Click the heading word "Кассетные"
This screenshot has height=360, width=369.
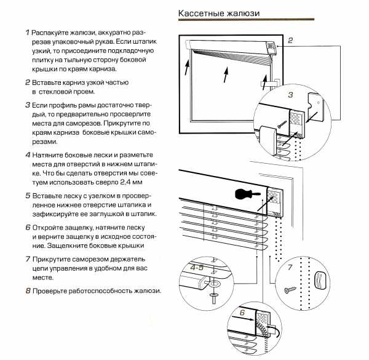(x=200, y=14)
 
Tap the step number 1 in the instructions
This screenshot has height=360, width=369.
(x=28, y=31)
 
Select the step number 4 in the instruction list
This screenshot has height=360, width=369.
(x=28, y=154)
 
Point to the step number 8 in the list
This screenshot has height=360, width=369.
(x=28, y=290)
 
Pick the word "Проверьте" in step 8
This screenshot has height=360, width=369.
(x=53, y=290)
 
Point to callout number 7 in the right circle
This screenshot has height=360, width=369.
(x=290, y=268)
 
